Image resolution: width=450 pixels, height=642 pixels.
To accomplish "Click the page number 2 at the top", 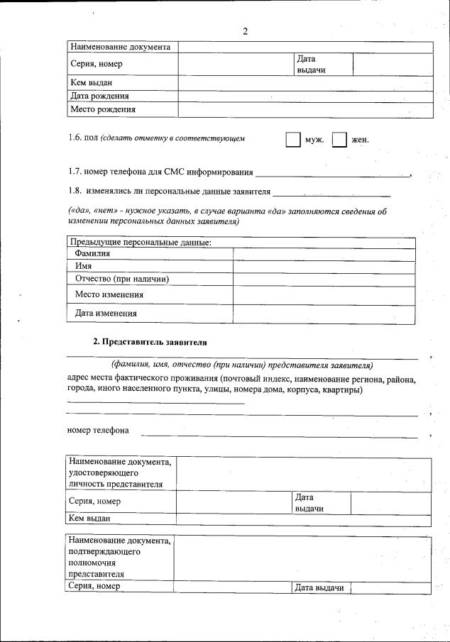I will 245,31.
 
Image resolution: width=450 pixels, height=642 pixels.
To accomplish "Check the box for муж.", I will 292,139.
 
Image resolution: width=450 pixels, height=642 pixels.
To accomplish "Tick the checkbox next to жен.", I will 340,139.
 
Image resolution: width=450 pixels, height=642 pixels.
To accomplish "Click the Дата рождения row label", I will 99,96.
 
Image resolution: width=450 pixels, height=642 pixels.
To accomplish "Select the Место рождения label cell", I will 102,109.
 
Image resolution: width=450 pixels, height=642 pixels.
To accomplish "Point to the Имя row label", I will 84,266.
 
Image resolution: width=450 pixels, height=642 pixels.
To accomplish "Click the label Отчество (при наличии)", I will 121,279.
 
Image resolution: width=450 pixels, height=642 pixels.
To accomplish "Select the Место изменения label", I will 109,294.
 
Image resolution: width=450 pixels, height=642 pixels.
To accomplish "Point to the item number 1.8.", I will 75,191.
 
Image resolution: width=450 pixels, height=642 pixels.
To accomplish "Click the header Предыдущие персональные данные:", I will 141,242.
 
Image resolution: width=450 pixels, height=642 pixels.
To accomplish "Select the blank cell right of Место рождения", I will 305,109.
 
